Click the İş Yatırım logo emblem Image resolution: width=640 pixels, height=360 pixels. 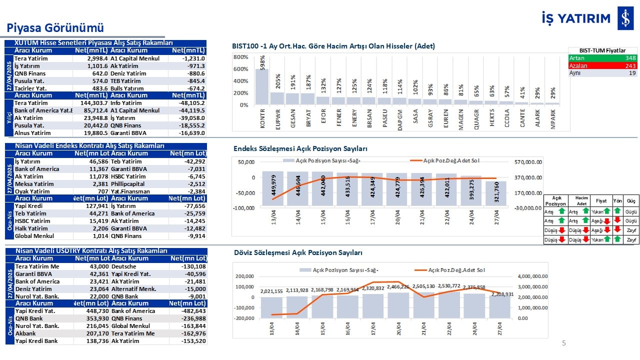625,18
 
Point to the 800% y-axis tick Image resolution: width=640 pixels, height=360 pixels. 240,57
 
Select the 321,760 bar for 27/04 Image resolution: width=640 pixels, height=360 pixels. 495,193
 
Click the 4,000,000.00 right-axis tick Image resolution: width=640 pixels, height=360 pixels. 532,276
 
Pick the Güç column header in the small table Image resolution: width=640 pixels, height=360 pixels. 631,200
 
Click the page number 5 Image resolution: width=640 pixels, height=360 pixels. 564,343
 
